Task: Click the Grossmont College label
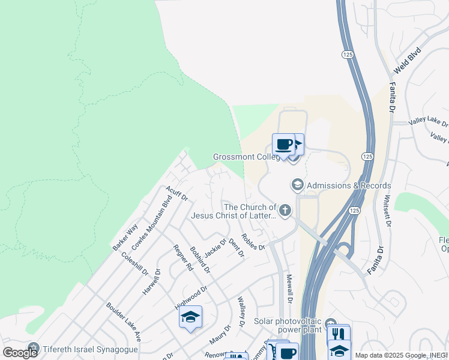click(x=246, y=157)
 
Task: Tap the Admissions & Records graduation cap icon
click(x=297, y=185)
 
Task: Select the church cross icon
click(x=285, y=211)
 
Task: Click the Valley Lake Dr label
click(x=429, y=122)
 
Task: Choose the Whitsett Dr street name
click(x=388, y=212)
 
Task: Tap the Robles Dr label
click(x=253, y=242)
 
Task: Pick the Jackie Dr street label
click(x=215, y=249)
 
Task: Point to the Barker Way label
click(x=125, y=237)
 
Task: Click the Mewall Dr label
click(x=289, y=288)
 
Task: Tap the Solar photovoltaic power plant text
click(x=288, y=326)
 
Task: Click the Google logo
click(x=20, y=353)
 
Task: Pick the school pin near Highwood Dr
click(x=190, y=317)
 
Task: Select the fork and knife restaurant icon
click(x=339, y=334)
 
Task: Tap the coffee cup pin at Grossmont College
click(x=283, y=145)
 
